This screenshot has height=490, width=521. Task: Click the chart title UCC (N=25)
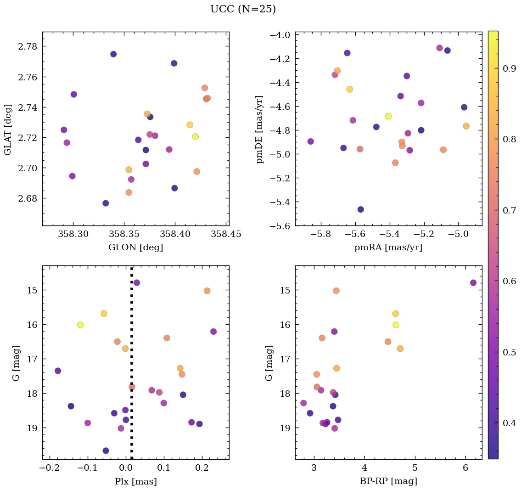coord(243,10)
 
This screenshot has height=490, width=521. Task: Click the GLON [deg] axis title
coord(135,248)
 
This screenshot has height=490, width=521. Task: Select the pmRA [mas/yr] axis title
coord(388,248)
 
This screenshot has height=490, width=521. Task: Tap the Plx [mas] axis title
coord(135,482)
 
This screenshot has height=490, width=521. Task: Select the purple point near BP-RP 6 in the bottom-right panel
coord(473,282)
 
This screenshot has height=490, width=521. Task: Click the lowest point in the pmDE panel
coord(360,209)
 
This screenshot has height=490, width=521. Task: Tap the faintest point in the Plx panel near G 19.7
coord(106,451)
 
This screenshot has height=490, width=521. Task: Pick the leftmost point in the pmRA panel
coord(310,141)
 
